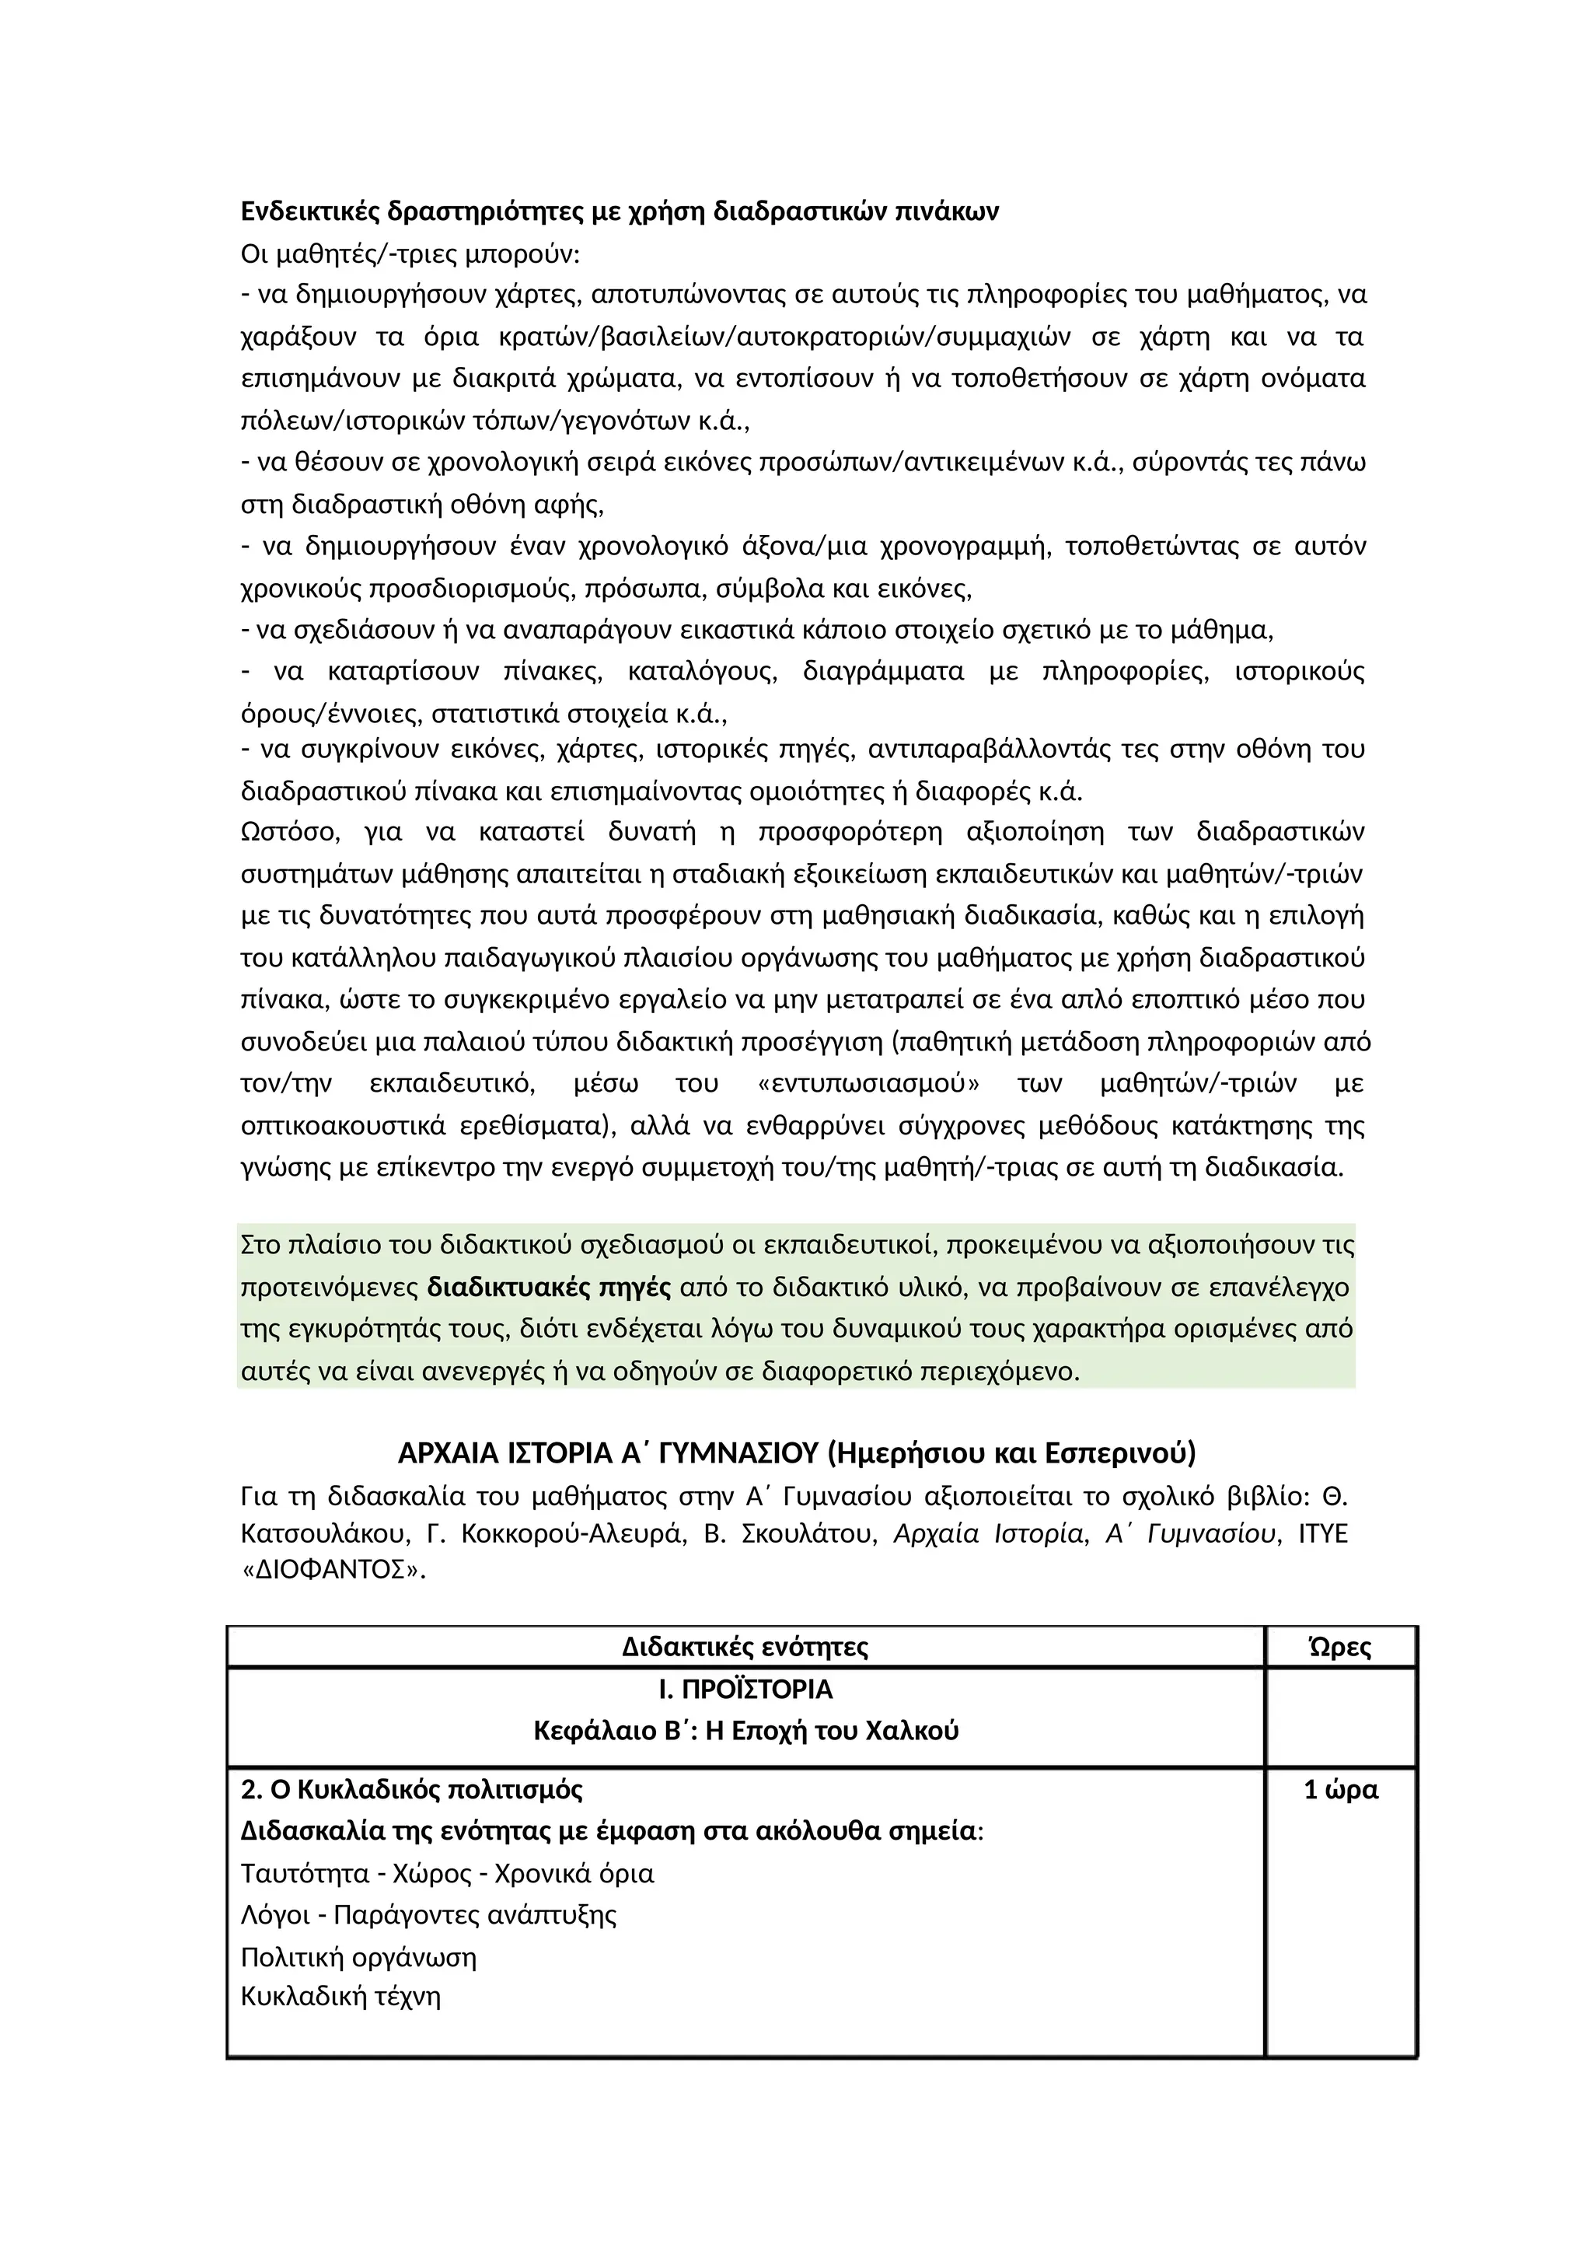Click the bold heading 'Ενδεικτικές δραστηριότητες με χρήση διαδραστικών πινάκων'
click(620, 211)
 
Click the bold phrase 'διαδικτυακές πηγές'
click(549, 1286)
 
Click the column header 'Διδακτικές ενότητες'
click(745, 1646)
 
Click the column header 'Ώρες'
click(1340, 1646)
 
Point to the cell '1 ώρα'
click(1340, 1789)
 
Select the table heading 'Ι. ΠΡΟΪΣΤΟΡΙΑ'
click(745, 1690)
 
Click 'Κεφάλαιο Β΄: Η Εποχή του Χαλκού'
click(745, 1730)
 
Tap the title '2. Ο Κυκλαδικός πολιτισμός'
click(412, 1789)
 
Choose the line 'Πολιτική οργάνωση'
click(359, 1957)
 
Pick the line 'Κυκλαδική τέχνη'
click(341, 1996)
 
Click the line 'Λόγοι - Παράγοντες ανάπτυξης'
click(429, 1915)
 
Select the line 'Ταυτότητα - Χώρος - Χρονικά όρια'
click(447, 1874)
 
